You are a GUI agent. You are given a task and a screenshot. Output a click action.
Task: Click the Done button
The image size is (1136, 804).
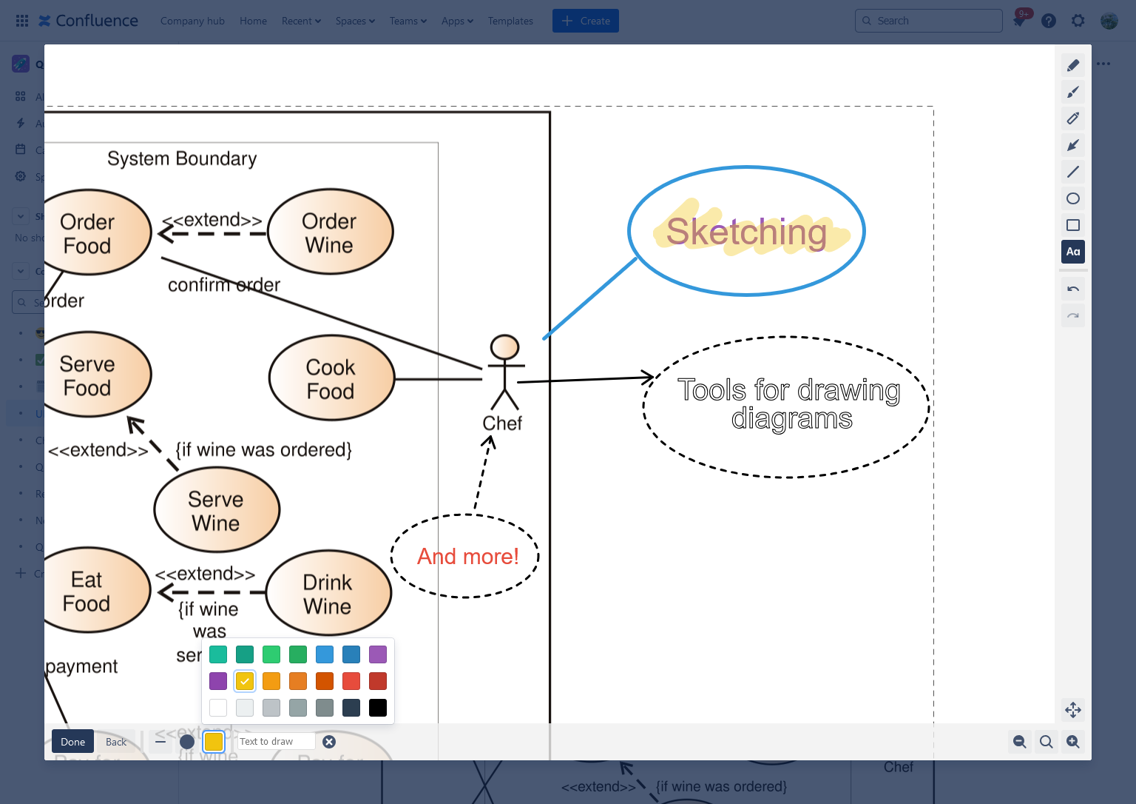72,742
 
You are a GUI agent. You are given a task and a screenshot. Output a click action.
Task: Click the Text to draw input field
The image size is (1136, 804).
275,742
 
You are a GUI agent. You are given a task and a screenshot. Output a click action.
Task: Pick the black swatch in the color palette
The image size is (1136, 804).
378,708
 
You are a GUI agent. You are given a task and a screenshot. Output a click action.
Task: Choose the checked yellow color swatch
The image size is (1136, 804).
245,681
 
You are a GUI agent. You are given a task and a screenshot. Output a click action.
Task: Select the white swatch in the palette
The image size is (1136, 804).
218,708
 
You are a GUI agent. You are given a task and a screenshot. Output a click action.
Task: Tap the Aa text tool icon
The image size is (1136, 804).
1073,252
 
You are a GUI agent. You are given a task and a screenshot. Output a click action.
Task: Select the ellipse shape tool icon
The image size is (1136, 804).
1073,198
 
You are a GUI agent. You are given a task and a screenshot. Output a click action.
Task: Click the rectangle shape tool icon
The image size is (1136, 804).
1073,225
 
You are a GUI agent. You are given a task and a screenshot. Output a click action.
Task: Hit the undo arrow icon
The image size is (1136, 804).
1073,289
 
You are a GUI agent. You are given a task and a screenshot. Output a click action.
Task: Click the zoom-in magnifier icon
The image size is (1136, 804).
1073,742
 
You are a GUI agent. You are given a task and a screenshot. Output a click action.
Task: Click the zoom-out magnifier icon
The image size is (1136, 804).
1020,742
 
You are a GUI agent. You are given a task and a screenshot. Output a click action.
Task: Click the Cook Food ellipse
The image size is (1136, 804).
331,378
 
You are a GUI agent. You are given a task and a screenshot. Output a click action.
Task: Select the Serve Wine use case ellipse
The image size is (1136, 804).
217,510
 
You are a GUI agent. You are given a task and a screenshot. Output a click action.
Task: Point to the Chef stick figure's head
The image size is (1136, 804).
505,346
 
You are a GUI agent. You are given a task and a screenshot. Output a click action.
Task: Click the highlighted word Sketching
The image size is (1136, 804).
746,232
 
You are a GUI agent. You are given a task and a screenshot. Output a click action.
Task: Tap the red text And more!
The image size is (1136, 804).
467,556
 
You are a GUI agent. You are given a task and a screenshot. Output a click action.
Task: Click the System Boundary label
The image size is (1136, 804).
182,158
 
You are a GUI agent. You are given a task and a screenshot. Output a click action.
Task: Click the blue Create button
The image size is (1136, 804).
585,21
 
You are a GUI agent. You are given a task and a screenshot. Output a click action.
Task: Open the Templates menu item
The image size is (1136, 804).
510,21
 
